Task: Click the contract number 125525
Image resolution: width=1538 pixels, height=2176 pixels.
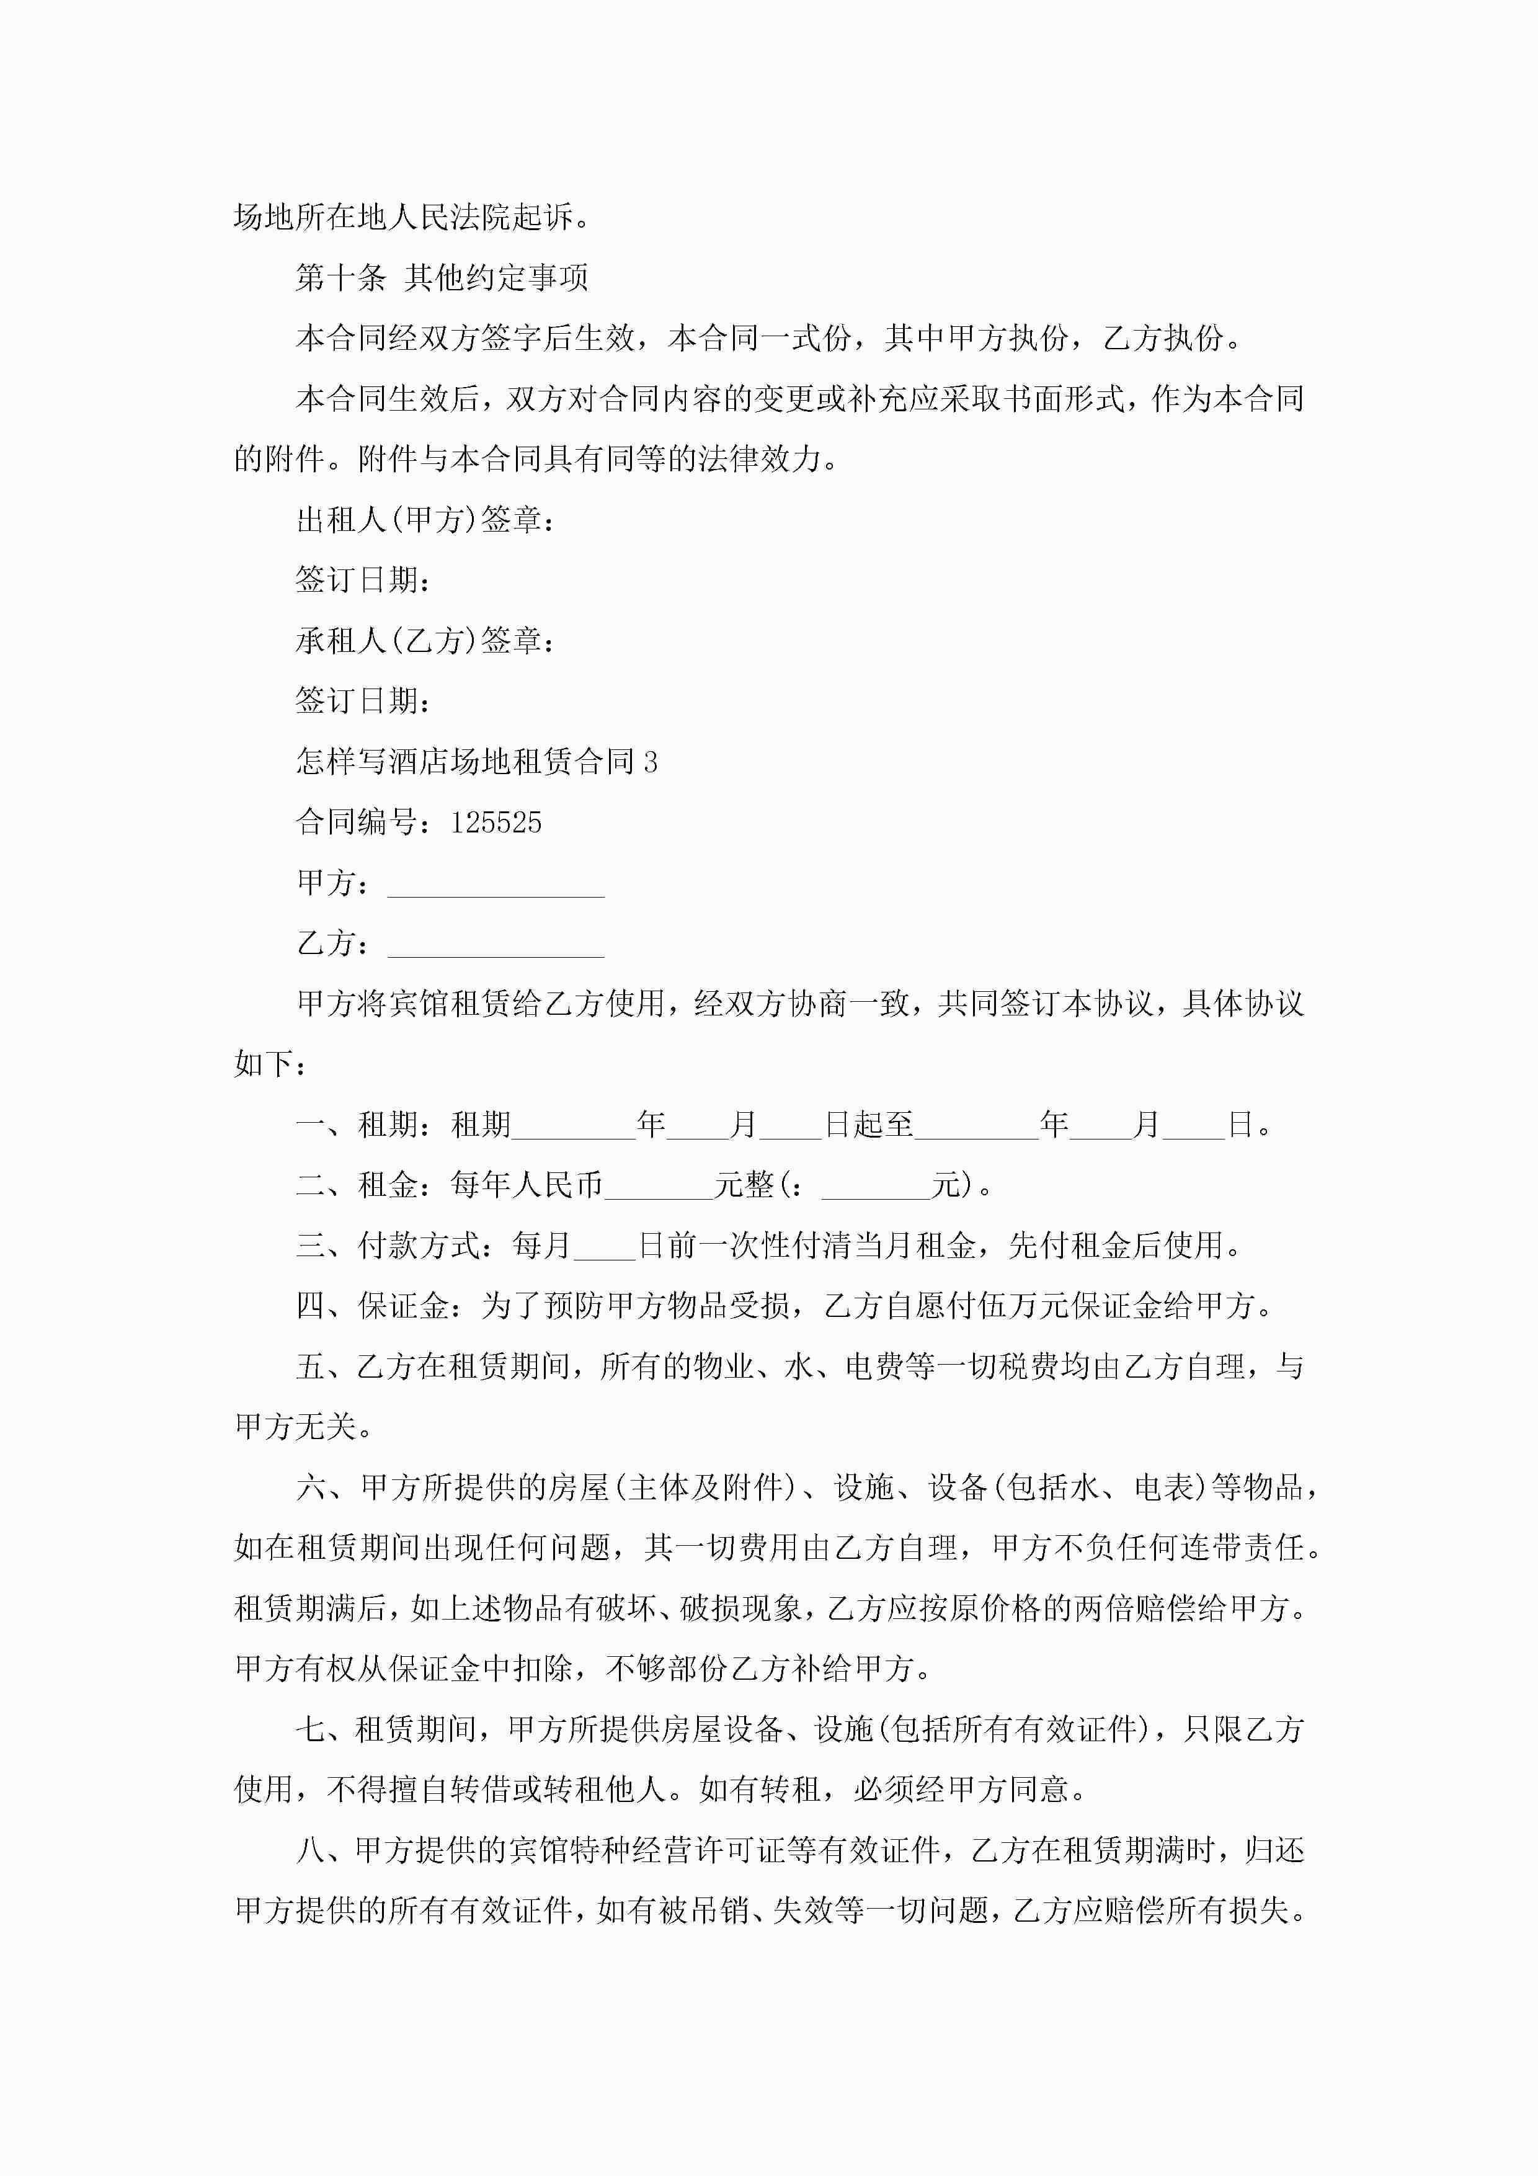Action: pyautogui.click(x=496, y=823)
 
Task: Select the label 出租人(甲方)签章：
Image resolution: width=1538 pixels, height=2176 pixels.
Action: pyautogui.click(x=425, y=519)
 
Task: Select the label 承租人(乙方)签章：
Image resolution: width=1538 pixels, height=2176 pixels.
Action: pyautogui.click(x=425, y=641)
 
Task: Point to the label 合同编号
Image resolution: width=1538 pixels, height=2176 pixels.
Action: pyautogui.click(x=357, y=823)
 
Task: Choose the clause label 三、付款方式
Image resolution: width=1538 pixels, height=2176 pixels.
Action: pyautogui.click(x=388, y=1246)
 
